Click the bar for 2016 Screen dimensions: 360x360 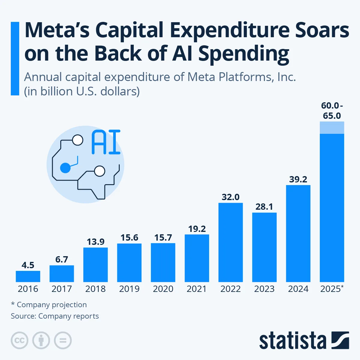28,276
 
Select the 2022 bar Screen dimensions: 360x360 230,242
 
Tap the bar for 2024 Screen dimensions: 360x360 298,233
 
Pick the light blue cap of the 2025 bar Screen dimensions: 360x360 332,127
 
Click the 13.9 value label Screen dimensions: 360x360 96,242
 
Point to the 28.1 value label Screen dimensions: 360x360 264,207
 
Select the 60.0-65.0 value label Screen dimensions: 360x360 332,111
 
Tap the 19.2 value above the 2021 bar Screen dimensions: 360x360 197,229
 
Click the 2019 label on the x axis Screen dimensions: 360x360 129,289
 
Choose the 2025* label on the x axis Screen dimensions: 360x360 332,289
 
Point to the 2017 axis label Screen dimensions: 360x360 61,289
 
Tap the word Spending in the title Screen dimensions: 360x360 244,54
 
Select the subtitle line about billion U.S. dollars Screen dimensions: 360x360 82,91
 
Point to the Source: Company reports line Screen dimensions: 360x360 55,316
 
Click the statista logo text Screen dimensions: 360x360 292,341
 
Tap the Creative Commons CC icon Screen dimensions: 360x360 19,340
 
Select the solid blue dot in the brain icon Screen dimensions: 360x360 65,168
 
